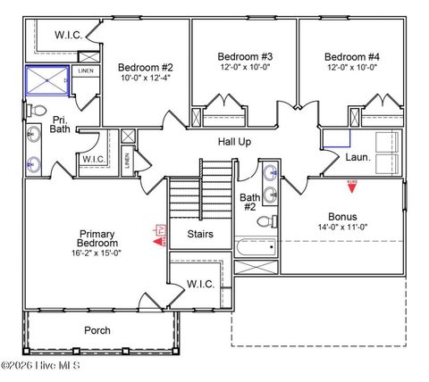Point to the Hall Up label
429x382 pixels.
(x=234, y=142)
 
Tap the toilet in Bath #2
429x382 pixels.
(x=275, y=221)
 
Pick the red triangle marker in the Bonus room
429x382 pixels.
(x=352, y=184)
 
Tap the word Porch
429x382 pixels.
(x=97, y=330)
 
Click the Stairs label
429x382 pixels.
(x=200, y=235)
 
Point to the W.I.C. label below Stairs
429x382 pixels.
(x=200, y=284)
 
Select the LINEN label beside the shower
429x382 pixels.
(x=86, y=71)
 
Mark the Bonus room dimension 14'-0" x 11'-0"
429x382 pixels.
(x=342, y=228)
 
